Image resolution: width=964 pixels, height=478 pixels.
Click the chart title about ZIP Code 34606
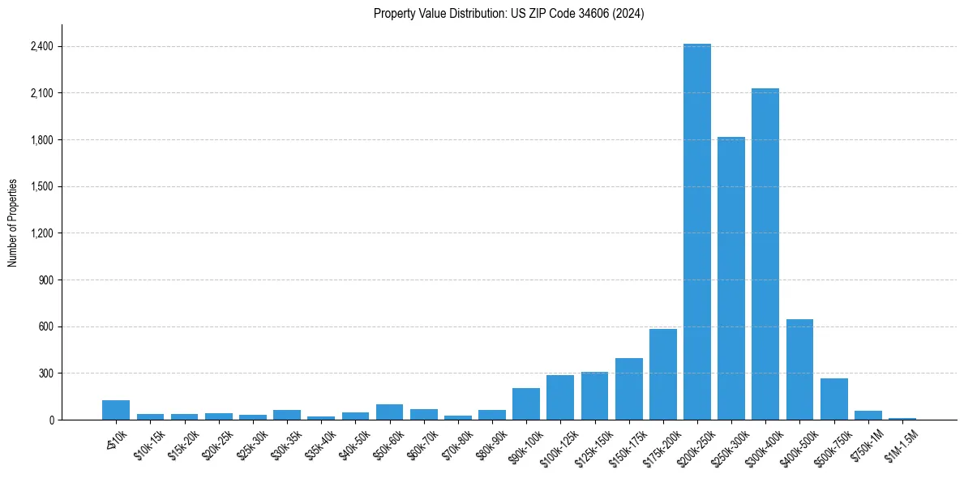click(508, 13)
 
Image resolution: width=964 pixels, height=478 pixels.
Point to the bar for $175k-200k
click(662, 374)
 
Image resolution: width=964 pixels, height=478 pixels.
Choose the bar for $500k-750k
click(833, 399)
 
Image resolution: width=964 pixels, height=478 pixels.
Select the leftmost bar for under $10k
click(116, 410)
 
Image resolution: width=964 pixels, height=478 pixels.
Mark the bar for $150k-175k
click(628, 389)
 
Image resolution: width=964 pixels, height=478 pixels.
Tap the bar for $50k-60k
click(389, 412)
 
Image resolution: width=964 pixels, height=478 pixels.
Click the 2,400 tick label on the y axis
click(41, 46)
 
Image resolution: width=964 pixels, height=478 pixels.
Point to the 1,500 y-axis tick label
click(41, 186)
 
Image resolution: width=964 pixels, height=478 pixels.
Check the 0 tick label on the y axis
click(50, 420)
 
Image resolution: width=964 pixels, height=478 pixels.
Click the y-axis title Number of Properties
click(13, 222)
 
